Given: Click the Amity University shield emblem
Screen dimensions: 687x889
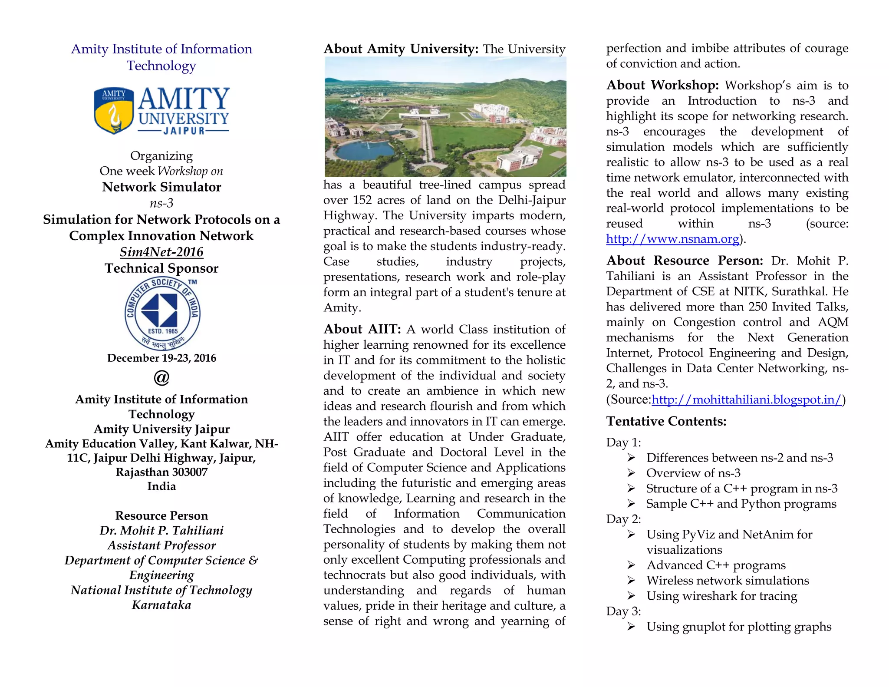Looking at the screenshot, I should pyautogui.click(x=113, y=111).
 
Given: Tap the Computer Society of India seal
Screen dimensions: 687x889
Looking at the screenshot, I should pyautogui.click(x=162, y=313).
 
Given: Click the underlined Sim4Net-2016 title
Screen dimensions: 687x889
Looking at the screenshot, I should pyautogui.click(x=161, y=252).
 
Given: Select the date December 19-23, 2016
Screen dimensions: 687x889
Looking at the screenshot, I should pyautogui.click(x=161, y=358).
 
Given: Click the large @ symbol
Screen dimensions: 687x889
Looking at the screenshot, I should pyautogui.click(x=161, y=377).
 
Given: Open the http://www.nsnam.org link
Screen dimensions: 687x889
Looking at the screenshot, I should pyautogui.click(x=672, y=239).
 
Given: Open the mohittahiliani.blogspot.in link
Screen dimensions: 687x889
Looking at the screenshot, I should pyautogui.click(x=747, y=400).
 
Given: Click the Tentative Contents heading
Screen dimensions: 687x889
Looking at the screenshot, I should pyautogui.click(x=666, y=421).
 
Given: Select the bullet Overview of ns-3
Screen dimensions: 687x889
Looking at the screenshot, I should pyautogui.click(x=693, y=473).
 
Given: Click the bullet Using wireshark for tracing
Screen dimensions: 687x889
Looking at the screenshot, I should pyautogui.click(x=721, y=596).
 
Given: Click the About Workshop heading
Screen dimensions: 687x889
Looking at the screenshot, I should pyautogui.click(x=662, y=85).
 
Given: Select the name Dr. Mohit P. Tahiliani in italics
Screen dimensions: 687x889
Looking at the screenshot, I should pyautogui.click(x=161, y=531).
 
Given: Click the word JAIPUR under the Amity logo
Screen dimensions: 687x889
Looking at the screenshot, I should pyautogui.click(x=184, y=131).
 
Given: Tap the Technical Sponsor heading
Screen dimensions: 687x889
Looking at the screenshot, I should pyautogui.click(x=161, y=268).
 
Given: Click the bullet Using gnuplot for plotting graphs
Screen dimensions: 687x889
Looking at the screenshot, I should pyautogui.click(x=738, y=627).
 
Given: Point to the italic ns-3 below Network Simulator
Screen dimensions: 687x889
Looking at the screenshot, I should pyautogui.click(x=161, y=203).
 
